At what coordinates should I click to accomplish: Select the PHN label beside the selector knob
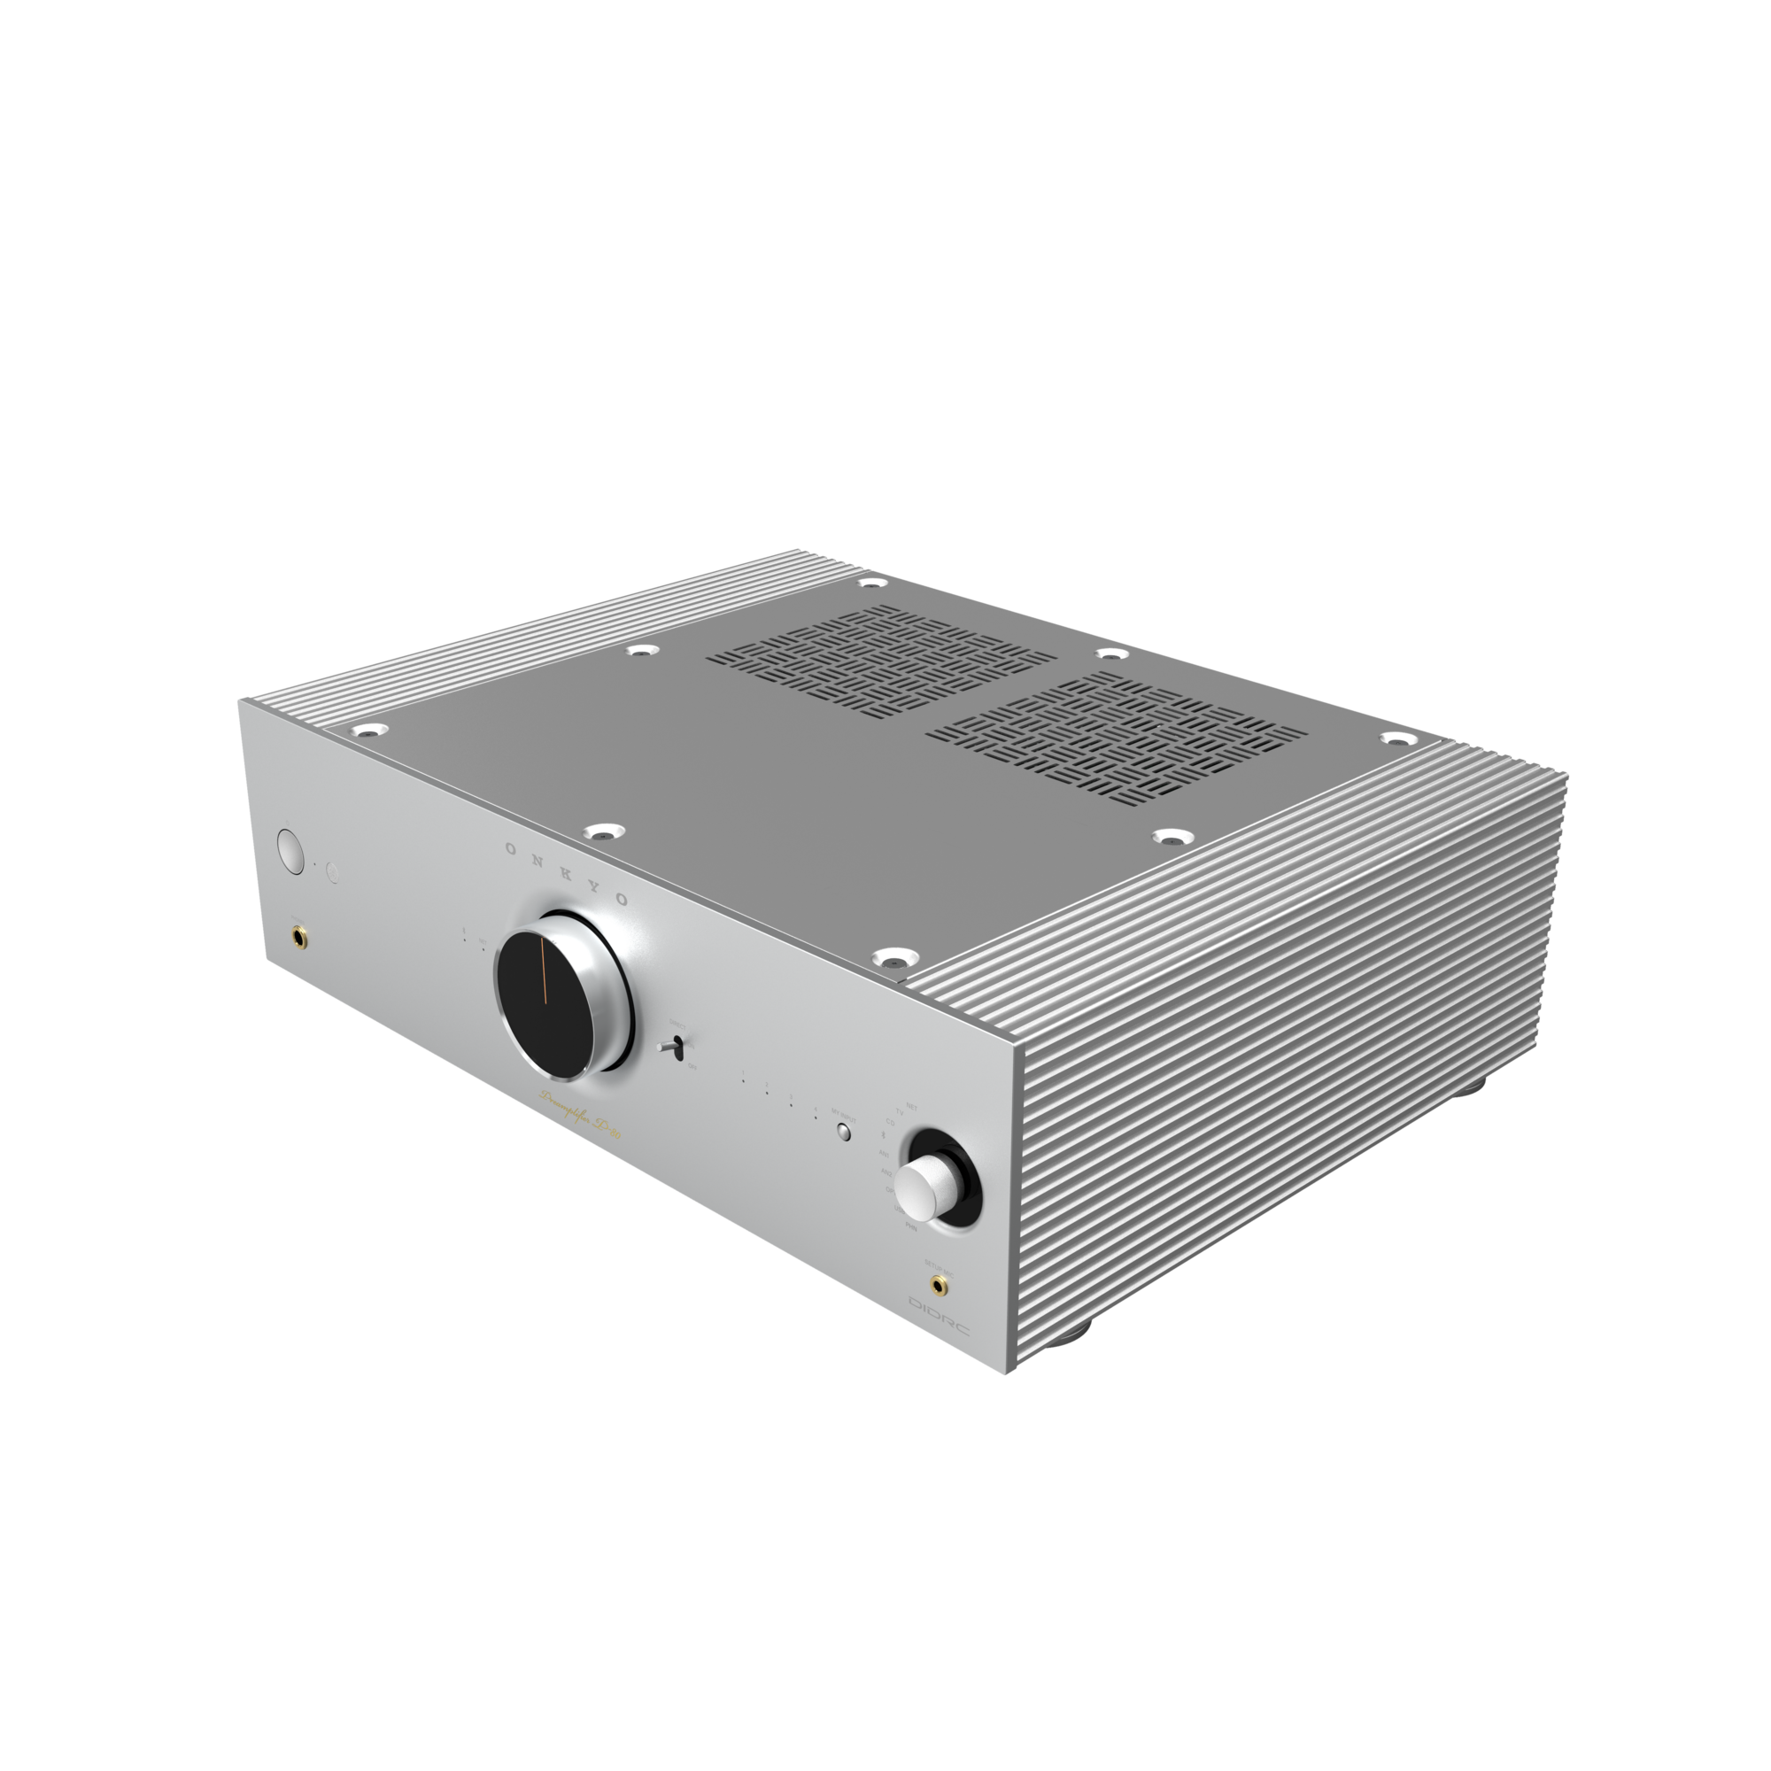click(x=910, y=1226)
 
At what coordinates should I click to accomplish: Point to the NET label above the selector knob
click(x=911, y=1104)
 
